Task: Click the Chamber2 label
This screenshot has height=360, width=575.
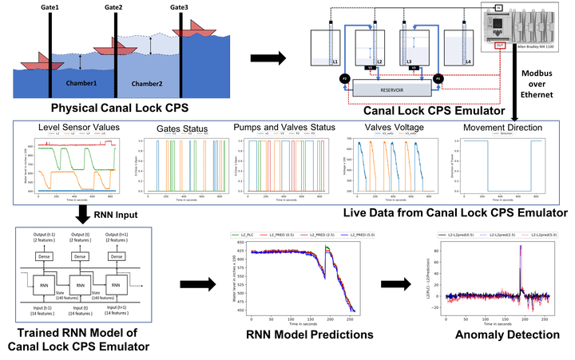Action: (147, 84)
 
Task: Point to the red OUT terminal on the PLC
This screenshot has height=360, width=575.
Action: (500, 45)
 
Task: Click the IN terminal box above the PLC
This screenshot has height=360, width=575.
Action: (497, 8)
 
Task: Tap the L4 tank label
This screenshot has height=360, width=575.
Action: (469, 61)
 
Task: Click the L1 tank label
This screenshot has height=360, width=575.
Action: (334, 61)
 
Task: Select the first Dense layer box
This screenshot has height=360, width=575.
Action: (43, 256)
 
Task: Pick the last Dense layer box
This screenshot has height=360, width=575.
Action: (117, 256)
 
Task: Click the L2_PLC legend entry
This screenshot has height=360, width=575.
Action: (245, 235)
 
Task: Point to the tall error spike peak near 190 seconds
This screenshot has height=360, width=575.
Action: (521, 247)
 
